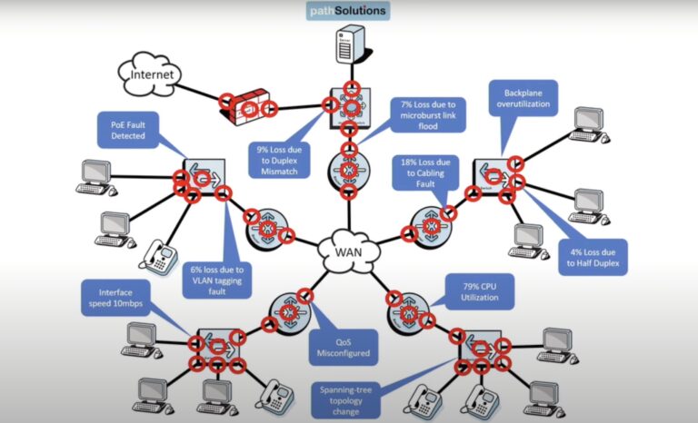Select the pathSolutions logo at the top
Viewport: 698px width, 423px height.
346,11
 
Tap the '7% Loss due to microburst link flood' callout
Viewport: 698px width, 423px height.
427,114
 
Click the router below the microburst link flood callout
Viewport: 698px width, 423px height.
346,167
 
